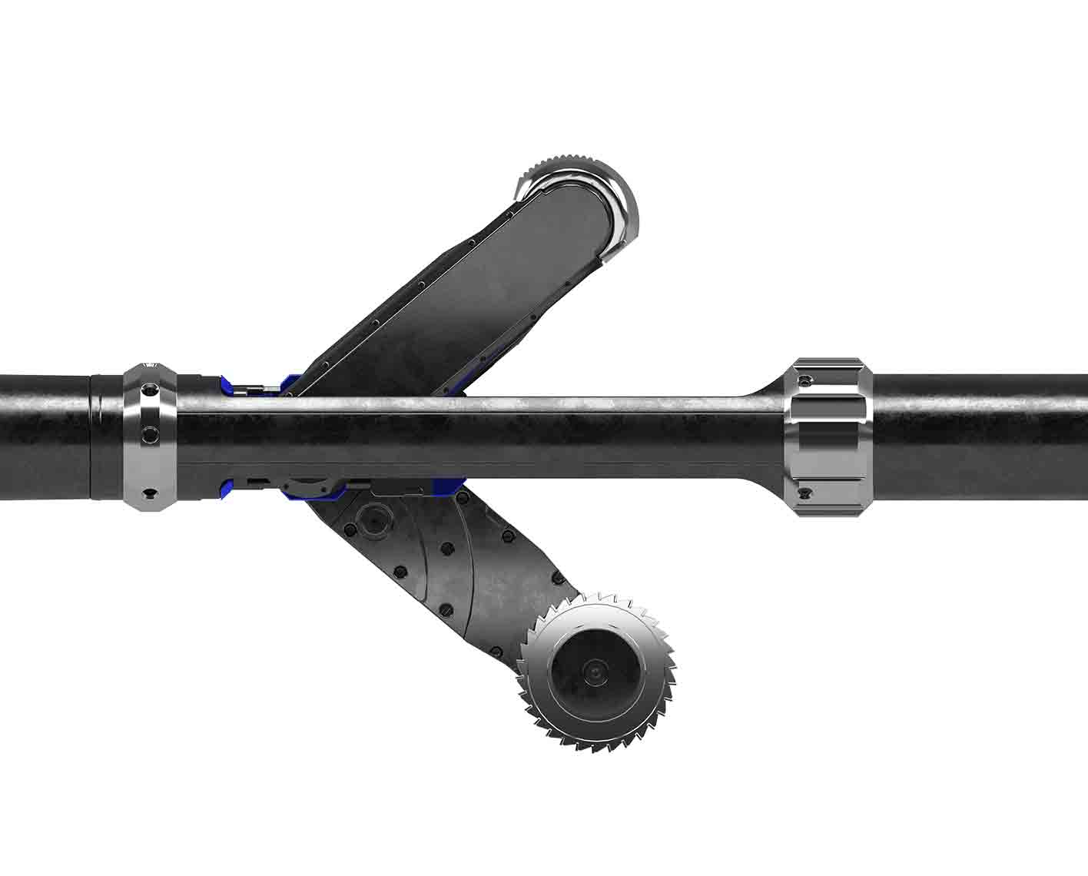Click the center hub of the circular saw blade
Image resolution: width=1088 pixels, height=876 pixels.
[595, 672]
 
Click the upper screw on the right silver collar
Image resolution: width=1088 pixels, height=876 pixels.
[804, 381]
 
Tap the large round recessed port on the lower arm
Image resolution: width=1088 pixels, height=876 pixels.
[373, 520]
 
